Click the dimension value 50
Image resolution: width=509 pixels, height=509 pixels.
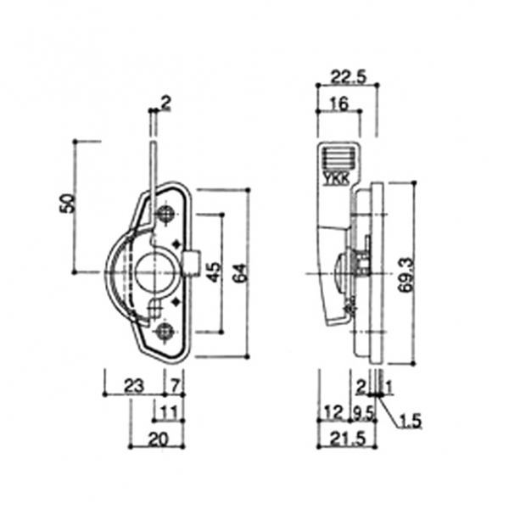(x=69, y=203)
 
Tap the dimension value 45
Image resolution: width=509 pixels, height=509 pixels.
(x=214, y=271)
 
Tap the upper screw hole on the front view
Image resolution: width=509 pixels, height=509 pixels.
(x=166, y=212)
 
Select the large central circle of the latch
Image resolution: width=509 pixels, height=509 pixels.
(x=155, y=271)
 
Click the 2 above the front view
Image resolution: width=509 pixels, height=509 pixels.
(x=165, y=103)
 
